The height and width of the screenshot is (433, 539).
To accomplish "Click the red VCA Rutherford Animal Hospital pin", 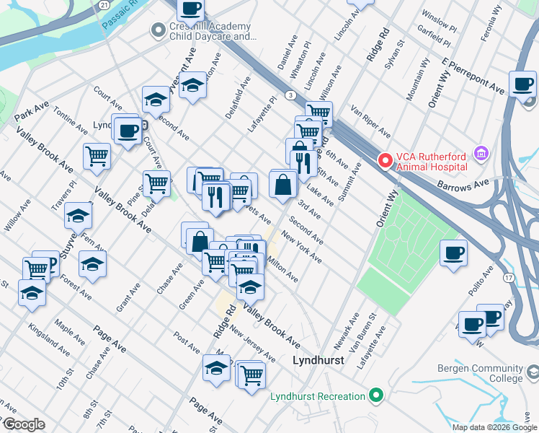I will [385, 159].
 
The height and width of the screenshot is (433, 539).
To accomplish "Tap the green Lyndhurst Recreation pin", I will [374, 396].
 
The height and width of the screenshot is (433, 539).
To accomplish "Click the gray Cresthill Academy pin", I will [156, 30].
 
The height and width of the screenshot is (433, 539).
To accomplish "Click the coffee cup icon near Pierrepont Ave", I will [522, 84].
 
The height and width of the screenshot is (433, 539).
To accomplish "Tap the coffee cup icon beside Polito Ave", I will [453, 253].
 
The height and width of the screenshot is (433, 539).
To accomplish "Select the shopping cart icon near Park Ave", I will [97, 156].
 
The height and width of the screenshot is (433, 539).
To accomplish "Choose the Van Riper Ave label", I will [370, 123].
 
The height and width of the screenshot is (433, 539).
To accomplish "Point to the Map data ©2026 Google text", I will [494, 427].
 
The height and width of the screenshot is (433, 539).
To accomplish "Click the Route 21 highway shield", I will [105, 4].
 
